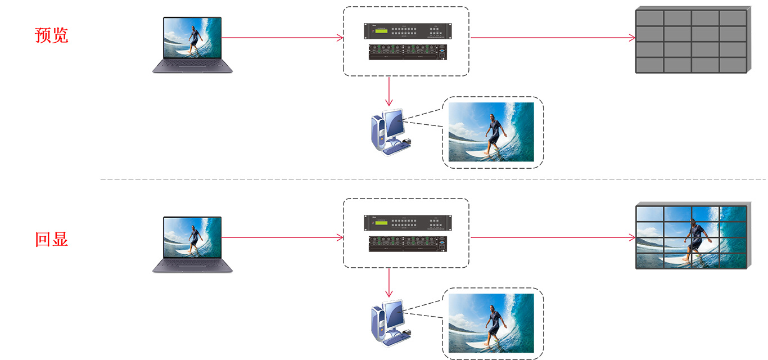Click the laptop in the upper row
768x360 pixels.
point(193,44)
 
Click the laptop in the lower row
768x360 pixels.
point(193,245)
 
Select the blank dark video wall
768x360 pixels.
point(693,40)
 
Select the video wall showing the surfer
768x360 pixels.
point(692,237)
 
